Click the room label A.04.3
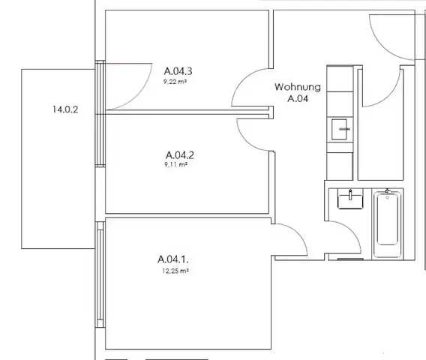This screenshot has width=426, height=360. pos(178,71)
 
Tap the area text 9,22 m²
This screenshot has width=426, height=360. pos(175,82)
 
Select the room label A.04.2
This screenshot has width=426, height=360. pos(179,155)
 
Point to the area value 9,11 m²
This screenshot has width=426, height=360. pos(175,164)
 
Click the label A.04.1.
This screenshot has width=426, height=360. pos(172,259)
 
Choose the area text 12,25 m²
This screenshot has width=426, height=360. pos(175,271)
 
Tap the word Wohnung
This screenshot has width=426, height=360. pos(298,87)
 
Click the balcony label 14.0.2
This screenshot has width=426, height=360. pos(65,109)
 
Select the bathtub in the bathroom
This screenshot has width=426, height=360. pos(387,224)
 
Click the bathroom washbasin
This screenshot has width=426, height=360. pos(350,199)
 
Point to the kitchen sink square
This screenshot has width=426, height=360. pos(339,129)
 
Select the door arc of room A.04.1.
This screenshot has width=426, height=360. pos(298,233)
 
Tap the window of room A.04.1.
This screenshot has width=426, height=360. pos(100,274)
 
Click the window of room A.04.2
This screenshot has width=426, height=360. pos(100,139)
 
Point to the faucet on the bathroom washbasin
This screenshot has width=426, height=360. pos(350,194)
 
